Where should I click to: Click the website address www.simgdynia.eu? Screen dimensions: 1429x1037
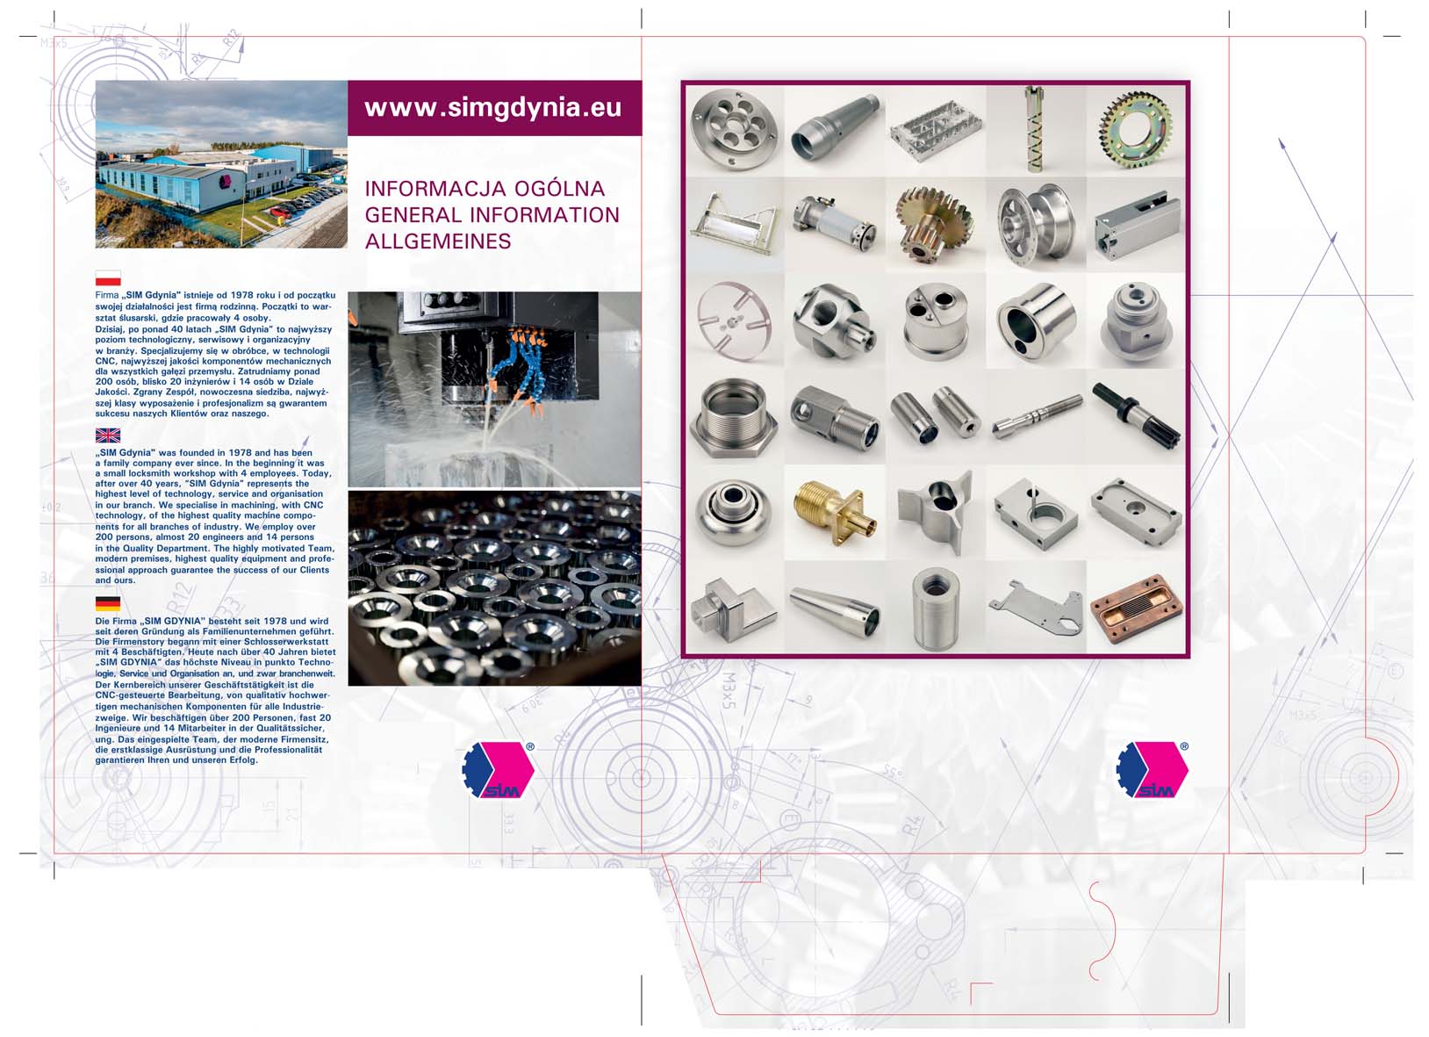click(x=492, y=107)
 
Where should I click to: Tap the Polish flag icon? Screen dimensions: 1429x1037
click(x=108, y=278)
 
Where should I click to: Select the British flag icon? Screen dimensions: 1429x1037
click(x=108, y=436)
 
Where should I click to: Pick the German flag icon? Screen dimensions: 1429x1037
click(x=108, y=604)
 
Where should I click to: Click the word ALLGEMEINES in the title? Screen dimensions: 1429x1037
click(x=438, y=241)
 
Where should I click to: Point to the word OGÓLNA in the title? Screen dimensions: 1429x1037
click(x=559, y=188)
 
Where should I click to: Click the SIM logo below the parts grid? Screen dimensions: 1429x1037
click(x=1153, y=769)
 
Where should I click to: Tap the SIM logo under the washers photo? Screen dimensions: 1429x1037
click(x=499, y=769)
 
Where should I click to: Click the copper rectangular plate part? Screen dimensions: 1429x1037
click(x=1136, y=609)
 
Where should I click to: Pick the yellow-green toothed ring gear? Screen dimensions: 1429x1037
click(x=1136, y=130)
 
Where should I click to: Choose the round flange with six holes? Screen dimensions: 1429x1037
click(x=735, y=130)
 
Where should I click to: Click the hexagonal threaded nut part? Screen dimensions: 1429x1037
click(x=734, y=417)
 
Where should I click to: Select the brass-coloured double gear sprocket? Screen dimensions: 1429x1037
click(x=934, y=226)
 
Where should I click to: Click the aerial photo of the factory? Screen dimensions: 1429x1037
click(x=221, y=164)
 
